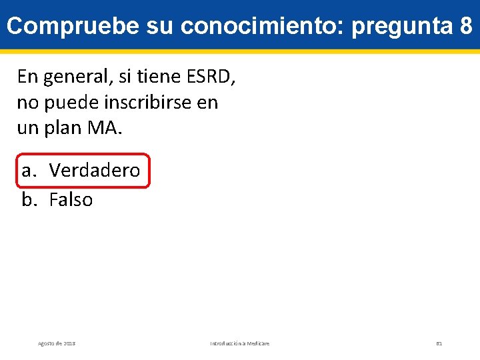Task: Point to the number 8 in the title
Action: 466,26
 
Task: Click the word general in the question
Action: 72,77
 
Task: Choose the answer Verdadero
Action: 94,171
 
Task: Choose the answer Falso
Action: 71,200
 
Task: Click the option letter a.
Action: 29,171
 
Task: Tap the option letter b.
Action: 29,200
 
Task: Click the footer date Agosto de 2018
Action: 57,343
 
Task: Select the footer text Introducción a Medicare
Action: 240,343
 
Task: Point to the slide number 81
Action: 439,343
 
